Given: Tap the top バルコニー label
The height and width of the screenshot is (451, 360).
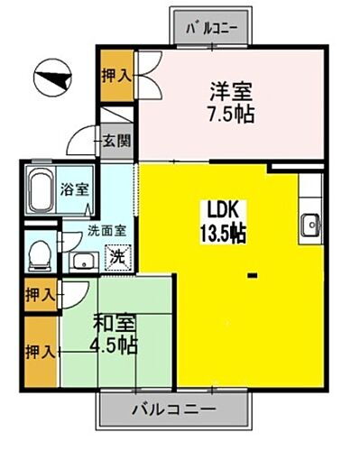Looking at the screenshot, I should tap(211, 27).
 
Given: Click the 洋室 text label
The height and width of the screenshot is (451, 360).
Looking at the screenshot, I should tap(230, 91).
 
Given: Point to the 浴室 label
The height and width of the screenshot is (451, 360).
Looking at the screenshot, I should tap(74, 190).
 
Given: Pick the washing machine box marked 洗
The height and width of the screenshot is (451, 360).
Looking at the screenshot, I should tap(118, 256).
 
